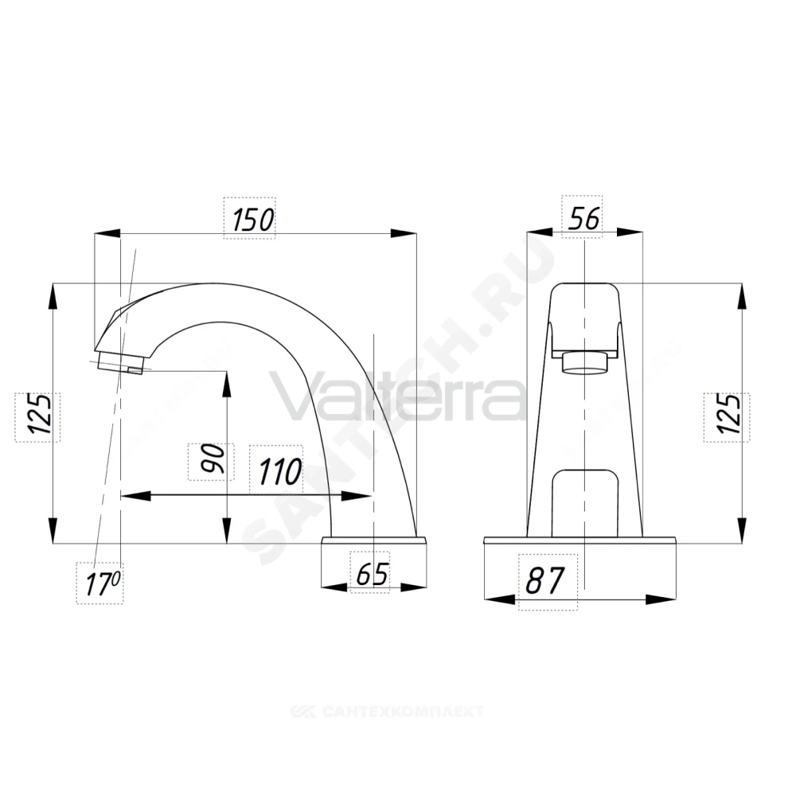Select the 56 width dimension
[x=583, y=218]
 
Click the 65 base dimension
[x=372, y=574]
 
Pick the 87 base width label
[x=544, y=581]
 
